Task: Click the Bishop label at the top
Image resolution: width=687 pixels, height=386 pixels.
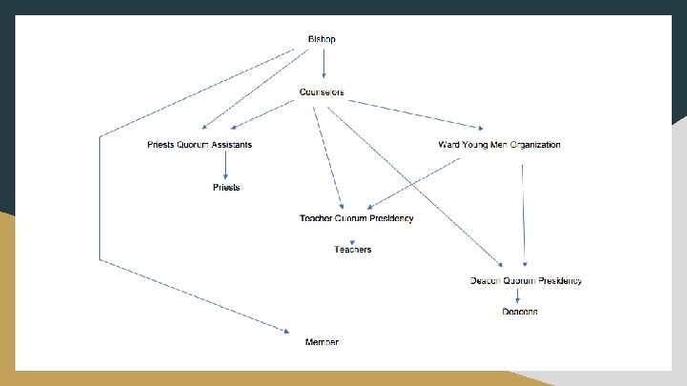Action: click(x=322, y=39)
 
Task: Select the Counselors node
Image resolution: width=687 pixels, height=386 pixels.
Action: click(x=322, y=92)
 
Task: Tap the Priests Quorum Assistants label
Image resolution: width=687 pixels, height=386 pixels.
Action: click(x=199, y=145)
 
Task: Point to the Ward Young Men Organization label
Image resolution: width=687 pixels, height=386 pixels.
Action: click(x=499, y=145)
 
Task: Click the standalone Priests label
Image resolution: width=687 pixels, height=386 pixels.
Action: click(x=226, y=188)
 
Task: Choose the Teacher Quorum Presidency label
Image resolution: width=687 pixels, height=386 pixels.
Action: click(x=357, y=218)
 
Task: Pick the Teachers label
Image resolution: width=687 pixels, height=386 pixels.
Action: click(x=353, y=250)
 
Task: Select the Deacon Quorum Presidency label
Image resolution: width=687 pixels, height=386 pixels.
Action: click(x=526, y=281)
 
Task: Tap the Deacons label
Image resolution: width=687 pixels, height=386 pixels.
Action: click(x=520, y=312)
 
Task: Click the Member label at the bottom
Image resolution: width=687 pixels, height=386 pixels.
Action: click(x=322, y=342)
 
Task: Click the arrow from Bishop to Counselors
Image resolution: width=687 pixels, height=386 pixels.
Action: click(x=324, y=64)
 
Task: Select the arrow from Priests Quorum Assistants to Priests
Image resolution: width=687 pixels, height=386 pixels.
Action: click(x=226, y=166)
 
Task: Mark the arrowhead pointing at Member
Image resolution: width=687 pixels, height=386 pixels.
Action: click(x=286, y=332)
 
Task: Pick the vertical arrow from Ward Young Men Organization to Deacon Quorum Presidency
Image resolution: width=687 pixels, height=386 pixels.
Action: click(x=524, y=214)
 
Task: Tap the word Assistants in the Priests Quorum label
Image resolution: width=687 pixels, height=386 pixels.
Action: click(x=231, y=145)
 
